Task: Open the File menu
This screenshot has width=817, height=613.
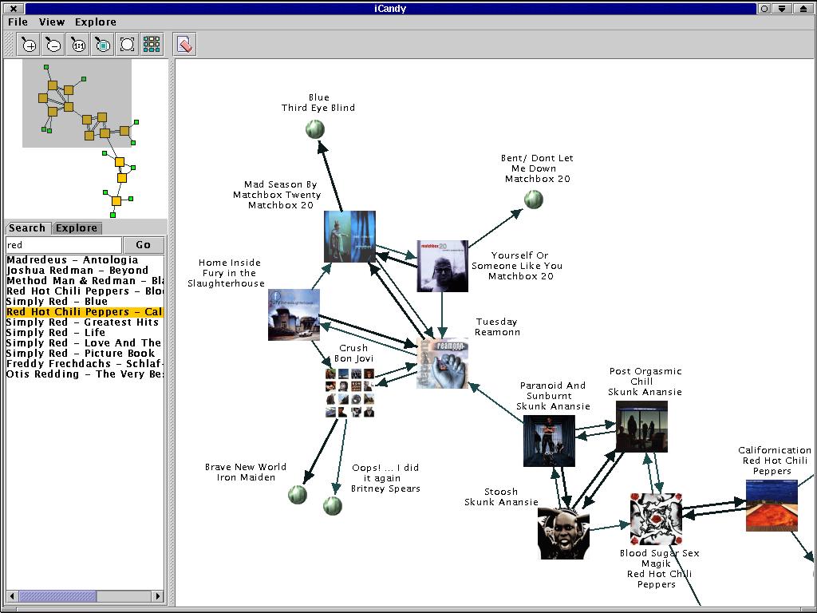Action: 18,22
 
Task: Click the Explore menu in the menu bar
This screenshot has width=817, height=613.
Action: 96,22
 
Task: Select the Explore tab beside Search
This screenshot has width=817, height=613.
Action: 77,228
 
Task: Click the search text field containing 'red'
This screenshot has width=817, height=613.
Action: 64,245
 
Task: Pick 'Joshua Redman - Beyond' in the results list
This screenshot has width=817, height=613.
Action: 77,271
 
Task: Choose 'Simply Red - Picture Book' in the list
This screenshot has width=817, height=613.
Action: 80,354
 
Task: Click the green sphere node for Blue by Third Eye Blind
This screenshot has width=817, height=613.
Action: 315,129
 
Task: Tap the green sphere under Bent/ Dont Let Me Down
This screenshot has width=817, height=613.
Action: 533,200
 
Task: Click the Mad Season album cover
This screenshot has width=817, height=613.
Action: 349,236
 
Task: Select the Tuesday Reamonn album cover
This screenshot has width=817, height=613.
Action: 442,362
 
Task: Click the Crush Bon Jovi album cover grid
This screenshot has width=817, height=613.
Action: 349,392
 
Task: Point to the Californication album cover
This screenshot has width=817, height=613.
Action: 771,505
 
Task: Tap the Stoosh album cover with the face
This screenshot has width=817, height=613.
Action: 563,532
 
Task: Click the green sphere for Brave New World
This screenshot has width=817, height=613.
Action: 298,494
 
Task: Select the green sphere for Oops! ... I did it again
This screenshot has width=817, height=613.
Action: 333,505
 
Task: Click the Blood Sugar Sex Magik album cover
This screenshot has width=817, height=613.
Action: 656,518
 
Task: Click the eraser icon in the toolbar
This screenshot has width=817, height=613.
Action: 184,45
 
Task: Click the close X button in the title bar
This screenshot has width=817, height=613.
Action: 14,8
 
